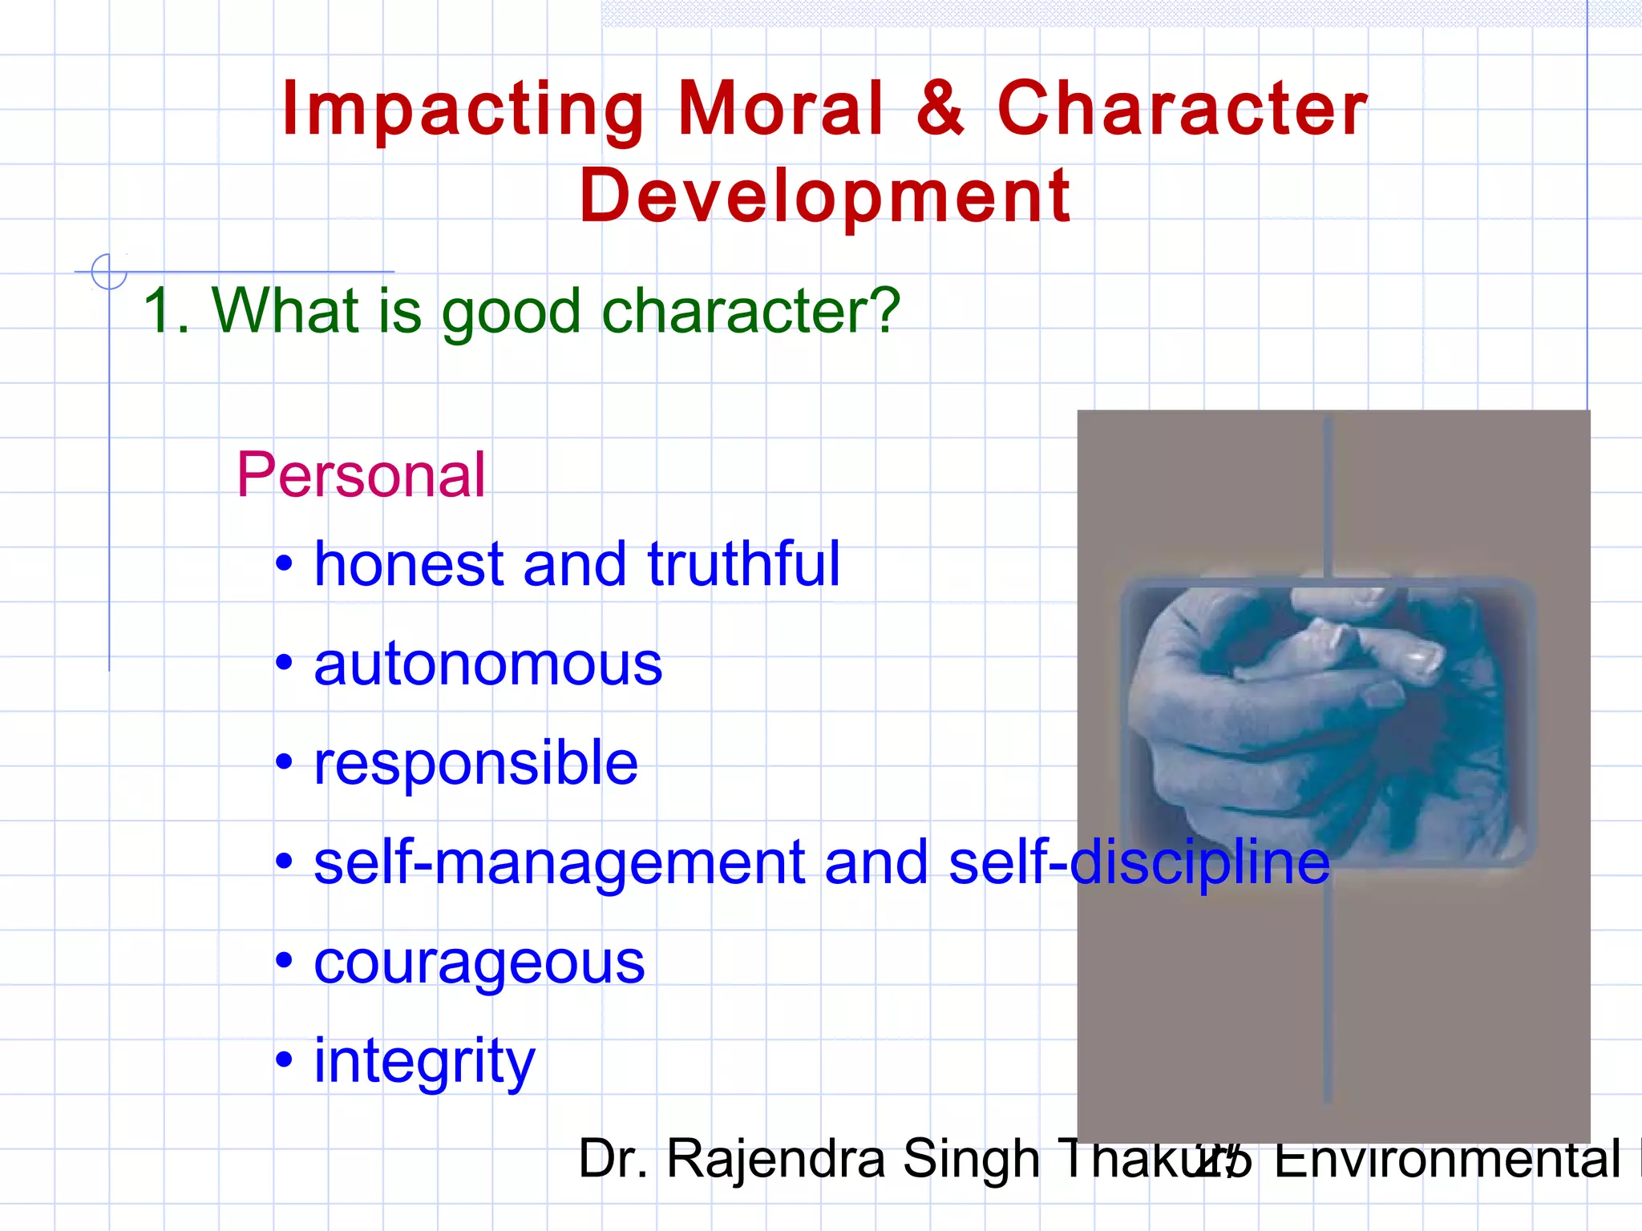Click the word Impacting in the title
[463, 111]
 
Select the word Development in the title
[824, 196]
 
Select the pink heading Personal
[361, 475]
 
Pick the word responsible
[475, 763]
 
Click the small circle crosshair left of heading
[109, 272]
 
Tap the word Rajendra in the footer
[776, 1159]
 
